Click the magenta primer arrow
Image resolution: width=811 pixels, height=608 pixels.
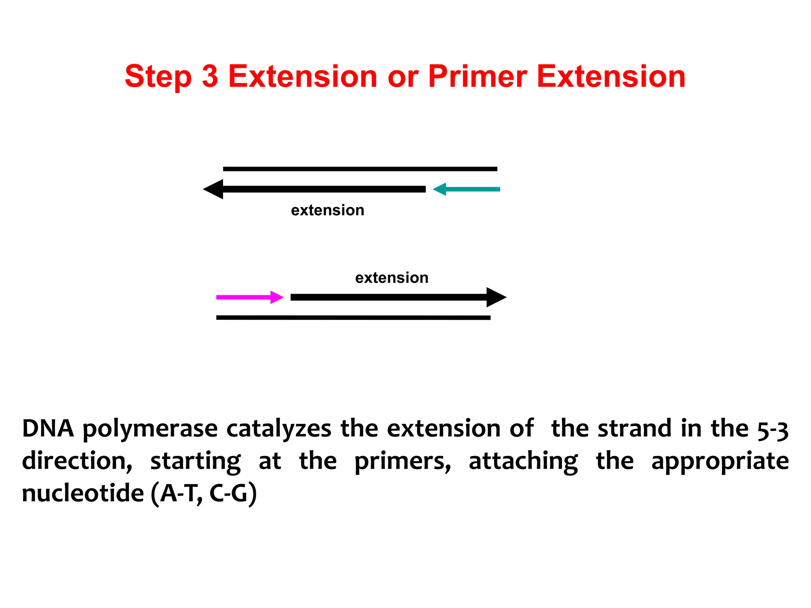coord(249,297)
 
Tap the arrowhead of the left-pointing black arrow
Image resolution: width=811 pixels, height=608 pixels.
coord(214,189)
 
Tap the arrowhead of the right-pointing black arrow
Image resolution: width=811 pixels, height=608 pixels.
coord(496,297)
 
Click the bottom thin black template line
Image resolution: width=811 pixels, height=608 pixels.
coord(353,317)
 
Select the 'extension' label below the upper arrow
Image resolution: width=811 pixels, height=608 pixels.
coord(327,210)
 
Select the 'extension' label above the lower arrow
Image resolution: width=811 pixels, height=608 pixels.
coord(392,278)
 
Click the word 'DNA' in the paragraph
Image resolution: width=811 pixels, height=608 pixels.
coord(48,429)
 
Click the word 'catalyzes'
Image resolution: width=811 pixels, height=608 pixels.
coord(278,429)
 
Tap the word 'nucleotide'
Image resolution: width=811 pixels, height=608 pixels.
coord(83,494)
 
